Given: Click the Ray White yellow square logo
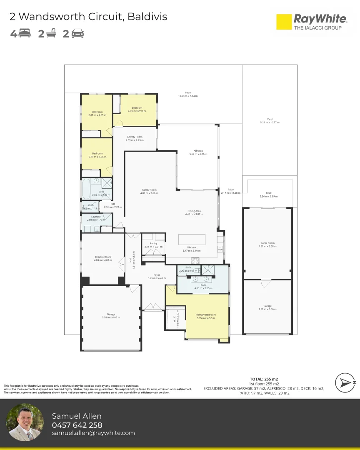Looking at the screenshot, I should (x=284, y=22).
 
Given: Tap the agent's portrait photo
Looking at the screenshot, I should (x=25, y=422).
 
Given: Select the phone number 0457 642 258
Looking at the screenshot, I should (x=77, y=425).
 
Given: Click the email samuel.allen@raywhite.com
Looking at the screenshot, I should (x=93, y=433).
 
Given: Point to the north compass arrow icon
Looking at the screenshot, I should (x=345, y=382).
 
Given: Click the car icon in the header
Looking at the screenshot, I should (x=77, y=34).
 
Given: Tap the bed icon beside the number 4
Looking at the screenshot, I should (x=25, y=34).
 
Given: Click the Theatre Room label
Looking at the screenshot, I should (x=103, y=257).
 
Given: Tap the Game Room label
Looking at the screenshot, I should (x=267, y=243).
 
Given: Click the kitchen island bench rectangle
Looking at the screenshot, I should (x=192, y=240).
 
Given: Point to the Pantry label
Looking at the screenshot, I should (x=153, y=243).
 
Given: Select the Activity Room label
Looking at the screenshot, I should (x=135, y=137).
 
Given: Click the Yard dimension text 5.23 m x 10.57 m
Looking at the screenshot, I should (x=270, y=122).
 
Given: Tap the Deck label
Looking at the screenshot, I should (x=268, y=193).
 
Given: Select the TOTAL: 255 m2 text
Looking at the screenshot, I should (x=264, y=379).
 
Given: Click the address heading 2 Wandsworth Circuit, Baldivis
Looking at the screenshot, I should (x=88, y=17).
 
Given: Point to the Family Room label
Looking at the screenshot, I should (x=149, y=190).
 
